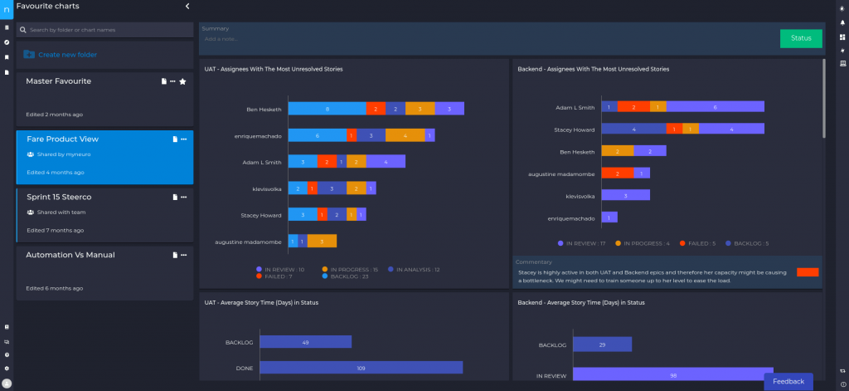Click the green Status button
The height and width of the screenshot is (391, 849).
pos(801,38)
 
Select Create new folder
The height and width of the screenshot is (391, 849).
pos(67,55)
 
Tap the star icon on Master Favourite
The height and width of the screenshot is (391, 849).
pos(183,81)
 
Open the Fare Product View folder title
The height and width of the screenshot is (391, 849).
pos(63,139)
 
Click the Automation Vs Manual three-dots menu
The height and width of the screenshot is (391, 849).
pos(183,255)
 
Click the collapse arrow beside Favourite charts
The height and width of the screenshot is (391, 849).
pos(187,6)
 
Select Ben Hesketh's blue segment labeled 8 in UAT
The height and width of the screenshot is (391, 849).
pos(327,109)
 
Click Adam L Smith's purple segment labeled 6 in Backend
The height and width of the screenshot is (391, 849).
pos(715,107)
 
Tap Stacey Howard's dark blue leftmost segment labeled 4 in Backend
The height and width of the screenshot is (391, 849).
pos(633,129)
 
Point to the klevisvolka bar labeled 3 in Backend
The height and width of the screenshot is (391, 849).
pos(625,195)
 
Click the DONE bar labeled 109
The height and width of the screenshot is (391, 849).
pos(361,367)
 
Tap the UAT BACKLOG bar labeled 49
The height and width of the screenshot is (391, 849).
pos(305,342)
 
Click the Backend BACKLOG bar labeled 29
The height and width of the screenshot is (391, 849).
pos(602,344)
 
